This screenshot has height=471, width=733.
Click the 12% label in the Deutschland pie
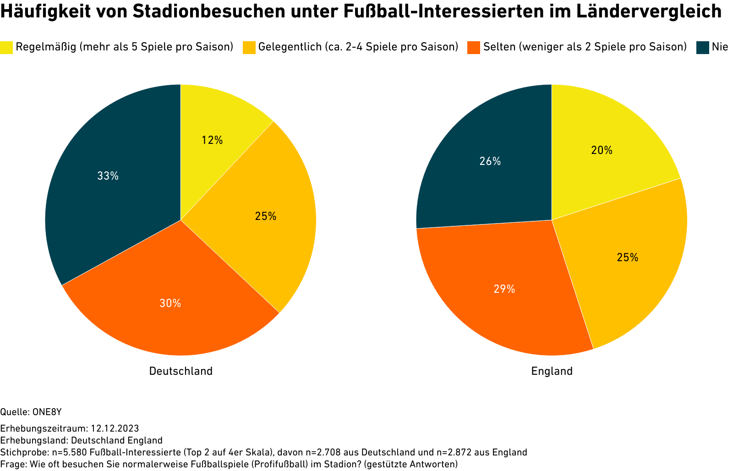pos(212,141)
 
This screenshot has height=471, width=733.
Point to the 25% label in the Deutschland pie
pos(266,216)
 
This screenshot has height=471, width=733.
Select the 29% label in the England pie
pos(504,289)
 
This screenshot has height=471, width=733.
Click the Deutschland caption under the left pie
pos(181,371)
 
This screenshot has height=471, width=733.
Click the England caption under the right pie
pos(552,371)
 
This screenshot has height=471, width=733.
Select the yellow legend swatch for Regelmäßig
pos(6,47)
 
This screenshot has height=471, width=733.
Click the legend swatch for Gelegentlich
pos(249,47)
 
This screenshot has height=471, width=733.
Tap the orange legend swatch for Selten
pos(474,47)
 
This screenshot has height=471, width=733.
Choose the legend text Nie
pos(720,47)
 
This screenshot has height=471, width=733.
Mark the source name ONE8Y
pos(47,412)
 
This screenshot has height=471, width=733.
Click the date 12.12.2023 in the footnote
pos(115,428)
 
